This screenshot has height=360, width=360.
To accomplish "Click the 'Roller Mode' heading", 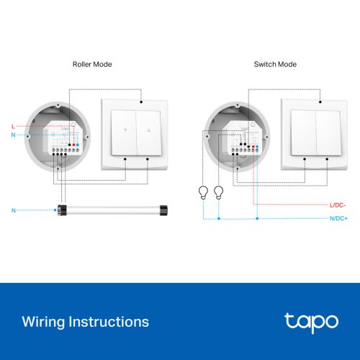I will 92,64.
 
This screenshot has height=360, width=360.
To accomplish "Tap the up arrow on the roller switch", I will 149,132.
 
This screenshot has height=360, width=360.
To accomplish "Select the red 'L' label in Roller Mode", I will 13,126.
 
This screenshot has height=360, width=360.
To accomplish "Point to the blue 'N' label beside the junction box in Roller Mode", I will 13,135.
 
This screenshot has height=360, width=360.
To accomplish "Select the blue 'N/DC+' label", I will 338,217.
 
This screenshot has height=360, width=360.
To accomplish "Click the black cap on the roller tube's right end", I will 164,210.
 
